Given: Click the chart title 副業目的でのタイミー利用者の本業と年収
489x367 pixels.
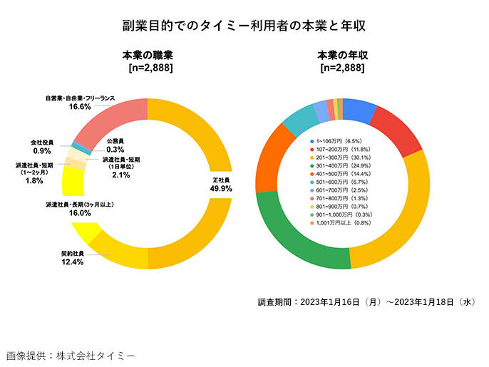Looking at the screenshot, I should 244,26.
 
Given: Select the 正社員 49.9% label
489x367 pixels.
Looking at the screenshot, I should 220,184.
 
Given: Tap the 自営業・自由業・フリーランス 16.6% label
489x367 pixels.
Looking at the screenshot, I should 80,102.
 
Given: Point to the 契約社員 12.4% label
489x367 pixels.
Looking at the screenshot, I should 73,257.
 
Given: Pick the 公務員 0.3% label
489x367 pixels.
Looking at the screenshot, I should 115,145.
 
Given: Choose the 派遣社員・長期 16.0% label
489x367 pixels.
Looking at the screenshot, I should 80,209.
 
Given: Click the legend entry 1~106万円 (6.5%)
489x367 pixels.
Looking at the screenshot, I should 341,141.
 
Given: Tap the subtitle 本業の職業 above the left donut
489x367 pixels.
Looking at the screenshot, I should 147,55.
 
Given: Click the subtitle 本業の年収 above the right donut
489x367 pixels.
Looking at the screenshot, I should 342,55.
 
